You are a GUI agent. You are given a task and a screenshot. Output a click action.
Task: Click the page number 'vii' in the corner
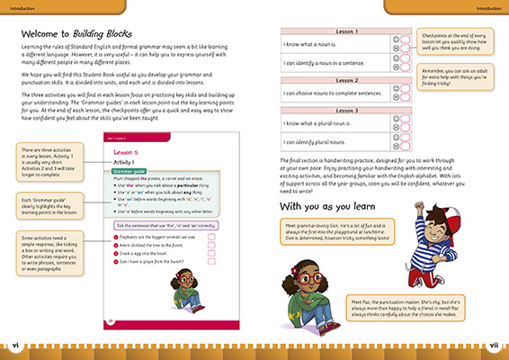click(493, 344)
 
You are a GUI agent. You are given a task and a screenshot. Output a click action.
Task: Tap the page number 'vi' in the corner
click(14, 344)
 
